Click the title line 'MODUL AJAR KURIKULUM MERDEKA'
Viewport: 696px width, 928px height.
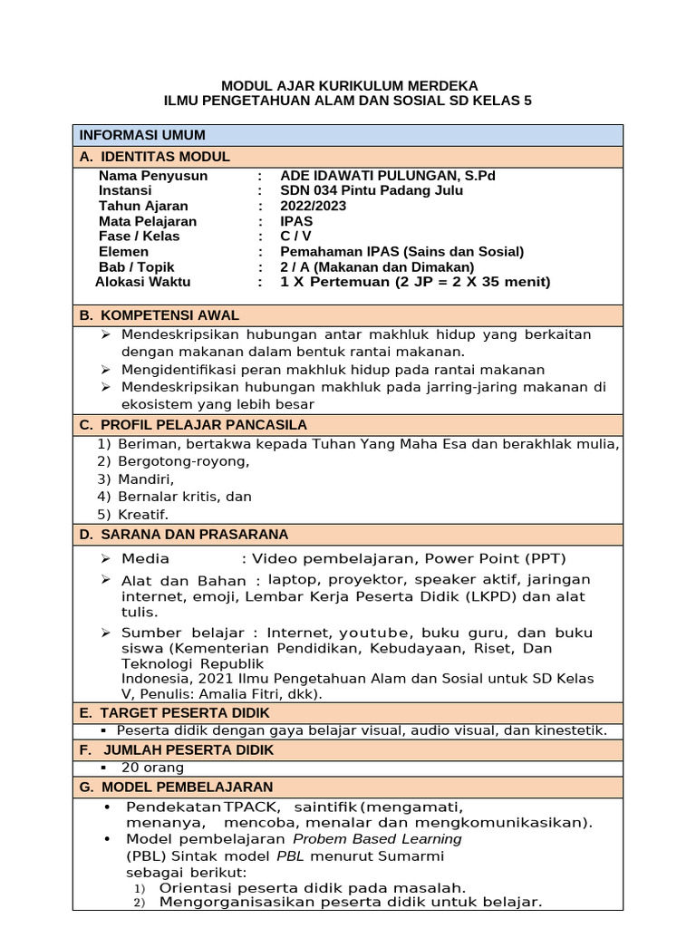[349, 85]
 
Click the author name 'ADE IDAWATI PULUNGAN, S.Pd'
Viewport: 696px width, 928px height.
[388, 176]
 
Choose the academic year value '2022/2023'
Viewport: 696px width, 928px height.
[314, 206]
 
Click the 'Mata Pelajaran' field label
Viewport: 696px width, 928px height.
[147, 221]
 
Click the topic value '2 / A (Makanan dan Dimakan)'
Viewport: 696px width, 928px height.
[377, 267]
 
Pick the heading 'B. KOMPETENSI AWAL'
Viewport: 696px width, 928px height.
[159, 315]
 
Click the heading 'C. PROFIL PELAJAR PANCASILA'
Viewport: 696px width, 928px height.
[192, 424]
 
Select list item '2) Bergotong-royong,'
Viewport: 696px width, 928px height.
[172, 461]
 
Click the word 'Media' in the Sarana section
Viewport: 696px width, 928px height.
[146, 558]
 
